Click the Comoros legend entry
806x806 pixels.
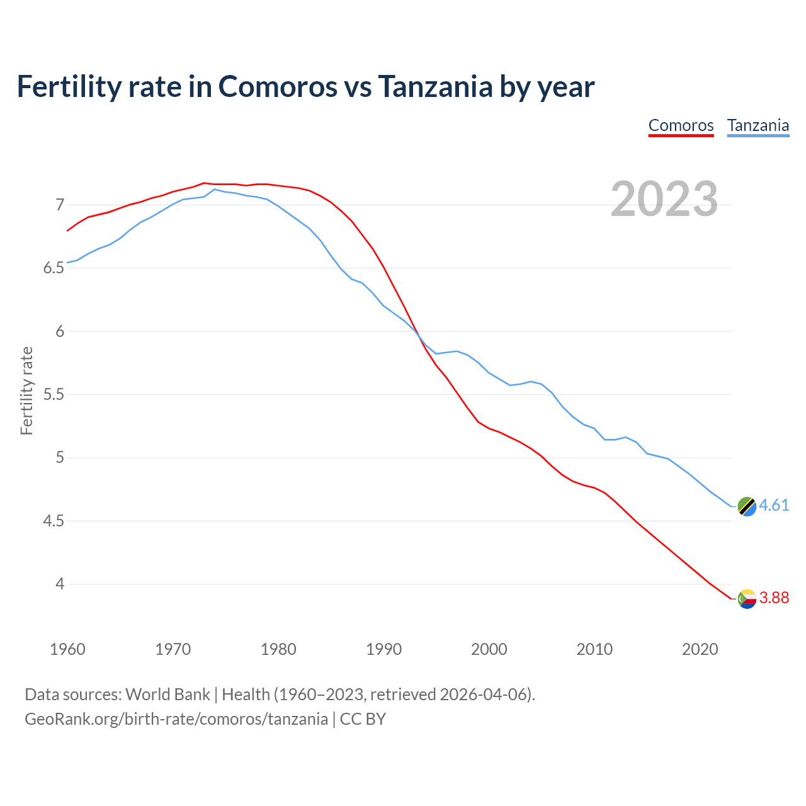(x=681, y=125)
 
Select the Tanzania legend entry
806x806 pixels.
(x=758, y=125)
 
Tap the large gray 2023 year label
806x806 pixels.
(x=664, y=199)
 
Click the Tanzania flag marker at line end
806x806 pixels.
(x=746, y=506)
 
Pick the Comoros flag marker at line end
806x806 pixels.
(x=746, y=598)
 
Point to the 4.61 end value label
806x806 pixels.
(x=774, y=506)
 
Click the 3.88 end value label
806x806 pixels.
(x=774, y=598)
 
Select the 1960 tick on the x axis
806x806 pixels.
(x=67, y=649)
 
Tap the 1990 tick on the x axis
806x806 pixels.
(x=383, y=649)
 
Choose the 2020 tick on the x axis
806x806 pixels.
(x=700, y=649)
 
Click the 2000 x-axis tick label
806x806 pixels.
(x=489, y=649)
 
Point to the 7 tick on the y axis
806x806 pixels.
(x=60, y=205)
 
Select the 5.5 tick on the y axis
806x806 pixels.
(x=54, y=395)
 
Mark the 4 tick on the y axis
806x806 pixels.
(x=60, y=584)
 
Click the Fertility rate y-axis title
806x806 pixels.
(x=26, y=390)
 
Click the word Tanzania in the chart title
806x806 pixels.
(x=435, y=86)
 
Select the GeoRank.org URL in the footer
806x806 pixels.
(x=176, y=719)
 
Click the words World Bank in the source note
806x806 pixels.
(x=167, y=695)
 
